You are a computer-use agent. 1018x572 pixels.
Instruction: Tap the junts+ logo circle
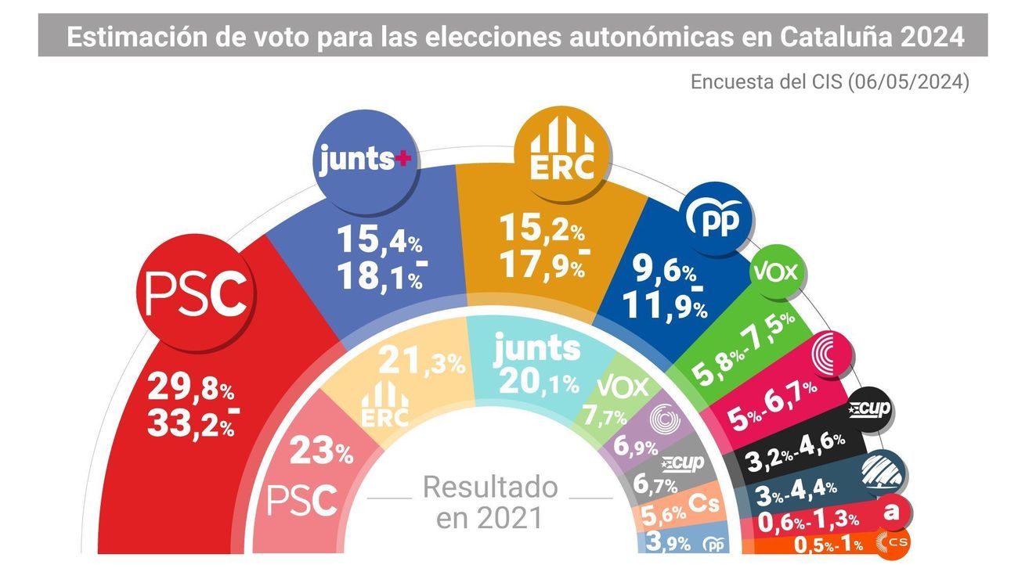[365, 160]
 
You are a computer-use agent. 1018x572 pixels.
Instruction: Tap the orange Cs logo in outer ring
[891, 542]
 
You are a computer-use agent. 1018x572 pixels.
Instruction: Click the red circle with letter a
[891, 512]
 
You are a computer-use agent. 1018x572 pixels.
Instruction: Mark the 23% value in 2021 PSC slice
[321, 451]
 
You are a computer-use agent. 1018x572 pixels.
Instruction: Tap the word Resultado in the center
[490, 487]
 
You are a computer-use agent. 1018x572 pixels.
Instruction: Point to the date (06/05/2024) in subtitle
[908, 82]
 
